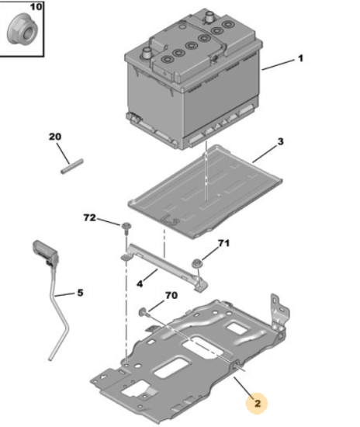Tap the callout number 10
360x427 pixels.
pyautogui.click(x=36, y=6)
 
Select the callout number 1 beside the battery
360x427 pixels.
pyautogui.click(x=300, y=58)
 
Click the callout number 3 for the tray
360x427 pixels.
pyautogui.click(x=280, y=141)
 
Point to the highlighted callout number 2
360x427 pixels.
pyautogui.click(x=257, y=403)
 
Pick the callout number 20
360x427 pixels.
pyautogui.click(x=55, y=137)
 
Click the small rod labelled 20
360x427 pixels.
pyautogui.click(x=71, y=166)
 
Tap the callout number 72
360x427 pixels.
pyautogui.click(x=89, y=217)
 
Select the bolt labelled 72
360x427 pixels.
pyautogui.click(x=126, y=229)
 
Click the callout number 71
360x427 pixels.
pyautogui.click(x=223, y=243)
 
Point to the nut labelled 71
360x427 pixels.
pyautogui.click(x=196, y=264)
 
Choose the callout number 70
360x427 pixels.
pyautogui.click(x=171, y=295)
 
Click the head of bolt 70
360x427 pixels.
pyautogui.click(x=143, y=312)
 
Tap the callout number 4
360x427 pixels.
pyautogui.click(x=140, y=284)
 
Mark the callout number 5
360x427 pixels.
pyautogui.click(x=80, y=293)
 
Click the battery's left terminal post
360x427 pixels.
pyautogui.click(x=147, y=53)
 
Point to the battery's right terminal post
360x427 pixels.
pyautogui.click(x=209, y=16)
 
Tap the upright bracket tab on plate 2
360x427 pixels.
pyautogui.click(x=279, y=312)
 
